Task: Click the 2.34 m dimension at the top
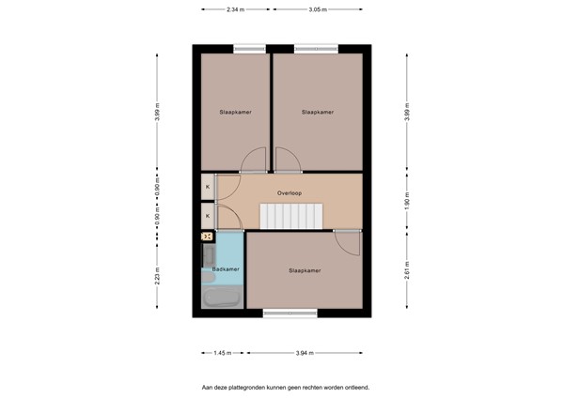(x=235, y=9)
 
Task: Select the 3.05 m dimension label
(x=318, y=9)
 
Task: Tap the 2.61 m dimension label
(x=407, y=274)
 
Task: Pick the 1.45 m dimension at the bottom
(x=221, y=353)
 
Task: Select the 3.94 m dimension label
(x=304, y=353)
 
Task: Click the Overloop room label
(x=289, y=194)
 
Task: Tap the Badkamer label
(x=227, y=269)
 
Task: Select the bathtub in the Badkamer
(x=222, y=298)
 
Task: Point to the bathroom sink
(x=207, y=254)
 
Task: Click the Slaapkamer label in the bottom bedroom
(x=305, y=270)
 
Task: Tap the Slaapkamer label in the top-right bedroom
(x=318, y=112)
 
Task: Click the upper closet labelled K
(x=207, y=187)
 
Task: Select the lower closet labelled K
(x=207, y=217)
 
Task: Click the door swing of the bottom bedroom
(x=348, y=243)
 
